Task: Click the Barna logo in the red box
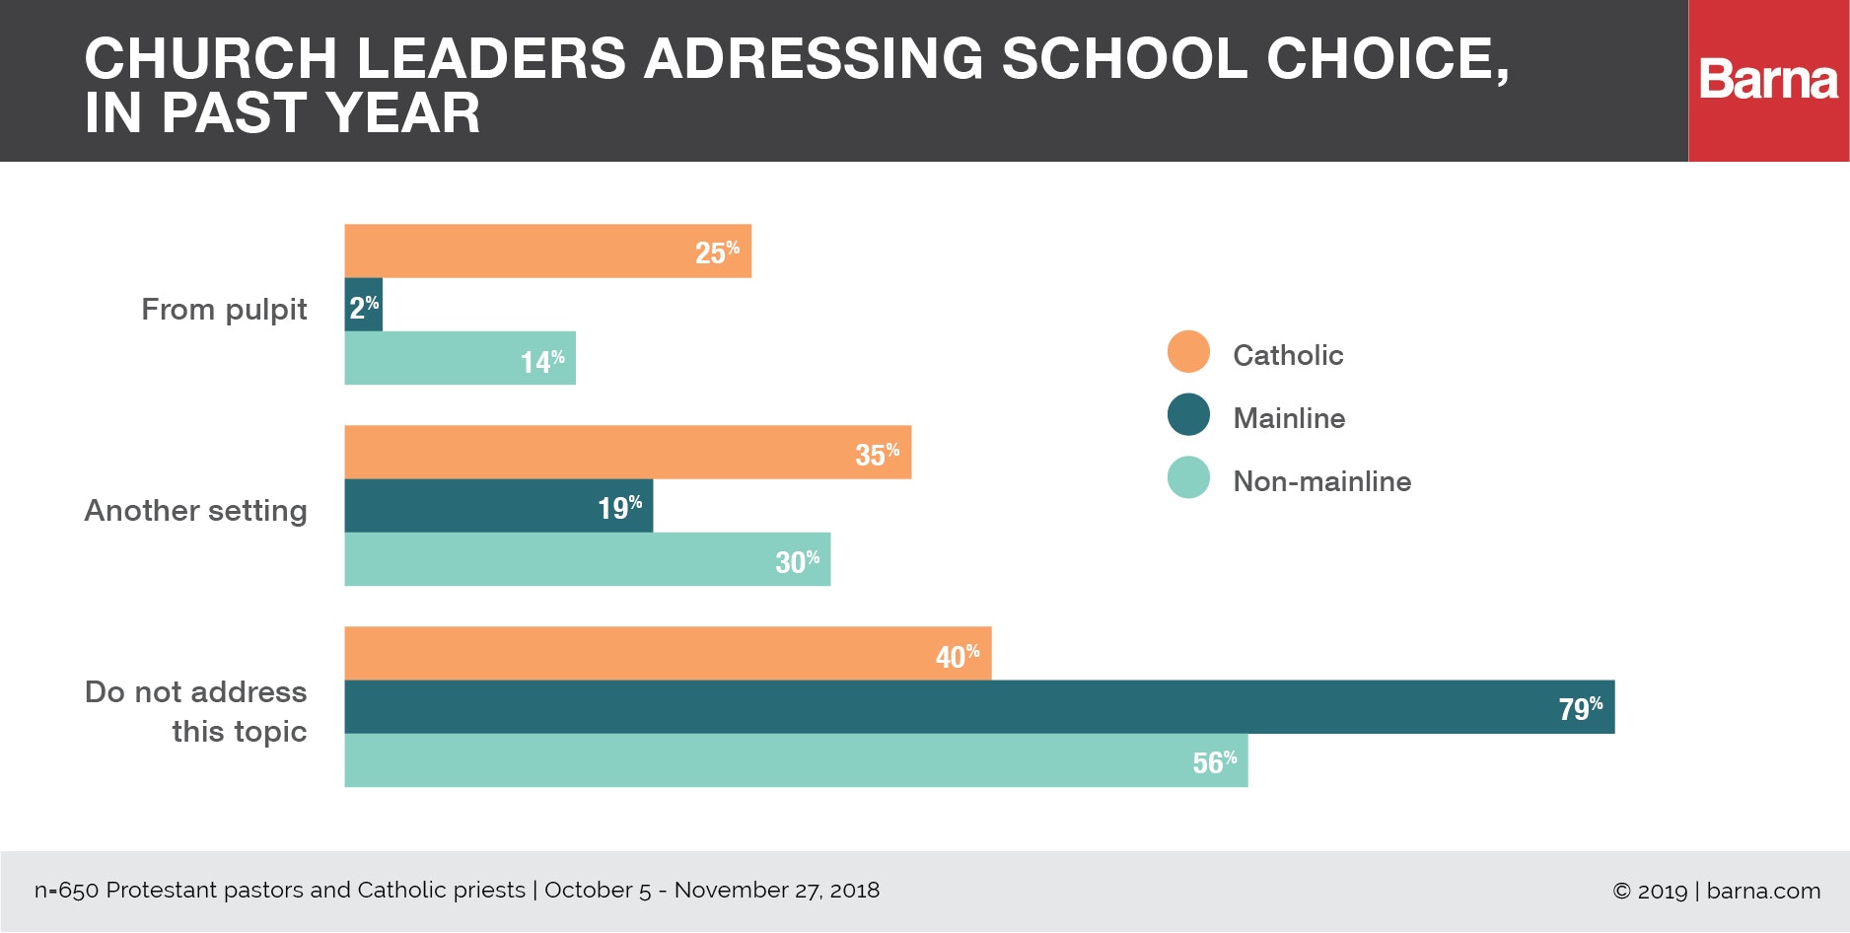(1768, 80)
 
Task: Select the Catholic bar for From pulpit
(547, 251)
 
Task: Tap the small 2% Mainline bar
(363, 305)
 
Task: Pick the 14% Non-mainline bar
(460, 358)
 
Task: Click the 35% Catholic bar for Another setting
(627, 453)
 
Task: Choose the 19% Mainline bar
(498, 506)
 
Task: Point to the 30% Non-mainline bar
(587, 559)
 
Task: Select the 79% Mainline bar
(978, 707)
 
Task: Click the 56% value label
(1214, 761)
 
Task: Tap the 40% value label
(958, 656)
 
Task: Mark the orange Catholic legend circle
(1188, 352)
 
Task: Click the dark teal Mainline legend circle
(1188, 415)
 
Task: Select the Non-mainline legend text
(1321, 481)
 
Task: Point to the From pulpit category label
(224, 310)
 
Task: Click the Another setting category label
(195, 511)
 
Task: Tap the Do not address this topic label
(195, 711)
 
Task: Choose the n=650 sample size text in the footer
(66, 891)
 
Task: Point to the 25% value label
(717, 252)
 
